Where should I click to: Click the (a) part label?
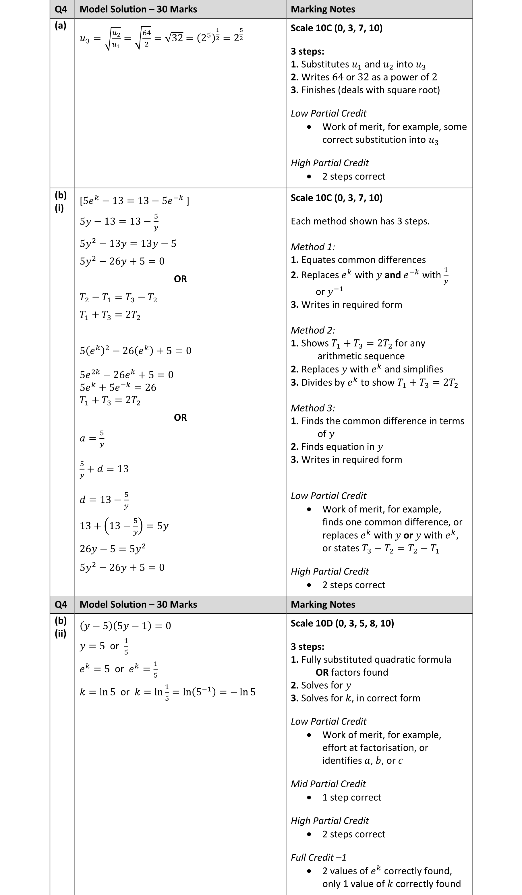[x=60, y=26]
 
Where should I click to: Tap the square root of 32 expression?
[x=174, y=38]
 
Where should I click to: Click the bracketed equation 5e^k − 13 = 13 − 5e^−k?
[x=134, y=200]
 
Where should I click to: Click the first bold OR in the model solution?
[x=180, y=279]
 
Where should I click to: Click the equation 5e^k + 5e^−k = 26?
[x=118, y=387]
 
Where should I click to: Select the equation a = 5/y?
[x=92, y=438]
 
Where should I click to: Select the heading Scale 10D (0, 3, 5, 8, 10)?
[x=342, y=623]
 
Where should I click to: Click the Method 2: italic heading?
[x=312, y=330]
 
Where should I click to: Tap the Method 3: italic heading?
[x=312, y=408]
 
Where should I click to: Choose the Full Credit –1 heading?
[x=318, y=857]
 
